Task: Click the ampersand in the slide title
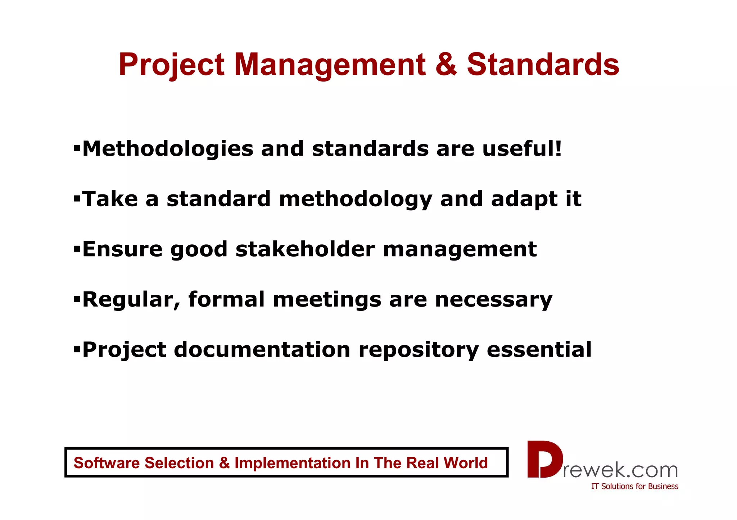pos(446,65)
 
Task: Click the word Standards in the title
pos(543,65)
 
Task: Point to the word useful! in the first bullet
pos(522,149)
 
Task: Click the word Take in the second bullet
pos(110,199)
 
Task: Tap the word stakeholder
pos(305,249)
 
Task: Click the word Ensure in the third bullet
pos(122,249)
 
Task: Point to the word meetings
pos(327,300)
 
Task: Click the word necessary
pos(494,300)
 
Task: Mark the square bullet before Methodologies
pos(76,148)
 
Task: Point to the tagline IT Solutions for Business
pos(634,487)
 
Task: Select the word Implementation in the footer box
pos(292,463)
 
